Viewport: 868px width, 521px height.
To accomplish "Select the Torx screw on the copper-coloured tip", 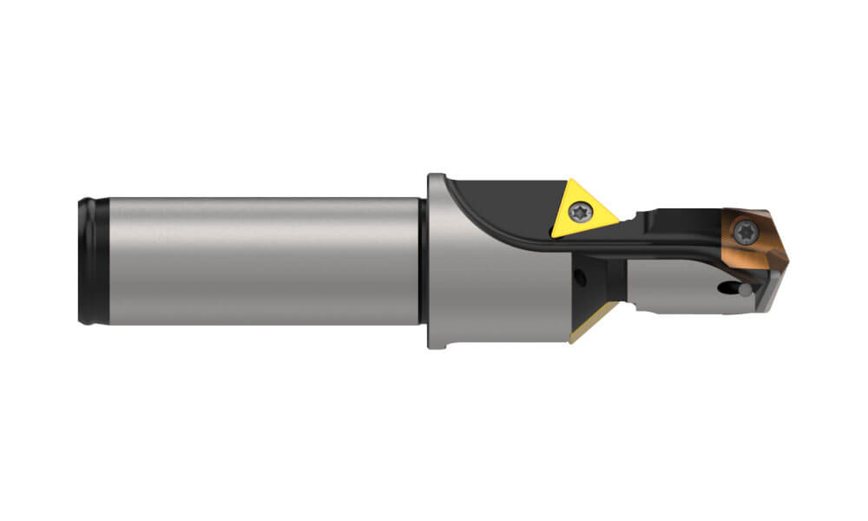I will tap(745, 230).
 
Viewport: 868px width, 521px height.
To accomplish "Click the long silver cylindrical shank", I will tap(260, 260).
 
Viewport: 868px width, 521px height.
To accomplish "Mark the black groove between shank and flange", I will tap(423, 260).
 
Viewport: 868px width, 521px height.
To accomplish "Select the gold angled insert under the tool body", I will tap(590, 326).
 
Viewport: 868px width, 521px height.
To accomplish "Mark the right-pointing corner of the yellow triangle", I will tap(618, 217).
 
